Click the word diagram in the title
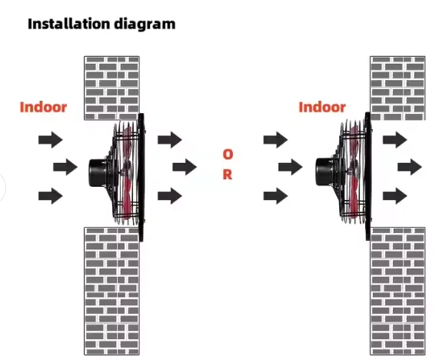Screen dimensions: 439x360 (145, 25)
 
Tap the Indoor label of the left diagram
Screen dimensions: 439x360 (43, 107)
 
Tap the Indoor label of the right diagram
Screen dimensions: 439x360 (322, 107)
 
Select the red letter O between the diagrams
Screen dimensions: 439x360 (228, 155)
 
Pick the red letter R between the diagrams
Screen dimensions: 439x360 (228, 175)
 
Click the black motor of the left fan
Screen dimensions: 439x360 (97, 172)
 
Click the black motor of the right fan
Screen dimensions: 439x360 (324, 172)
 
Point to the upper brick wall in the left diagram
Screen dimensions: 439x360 (111, 88)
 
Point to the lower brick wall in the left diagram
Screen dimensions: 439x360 (111, 291)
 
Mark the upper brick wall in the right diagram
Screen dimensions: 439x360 (397, 88)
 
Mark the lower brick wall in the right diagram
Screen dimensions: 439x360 (397, 291)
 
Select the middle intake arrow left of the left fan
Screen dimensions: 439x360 (65, 167)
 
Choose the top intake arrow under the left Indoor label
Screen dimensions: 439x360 (51, 139)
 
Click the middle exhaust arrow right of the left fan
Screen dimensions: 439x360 (185, 167)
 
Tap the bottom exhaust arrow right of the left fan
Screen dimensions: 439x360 (170, 195)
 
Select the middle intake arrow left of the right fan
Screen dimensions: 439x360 (291, 167)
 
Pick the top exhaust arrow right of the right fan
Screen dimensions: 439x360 (395, 139)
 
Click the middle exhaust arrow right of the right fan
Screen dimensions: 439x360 (410, 167)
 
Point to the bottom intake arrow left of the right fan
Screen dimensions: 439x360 (276, 195)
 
